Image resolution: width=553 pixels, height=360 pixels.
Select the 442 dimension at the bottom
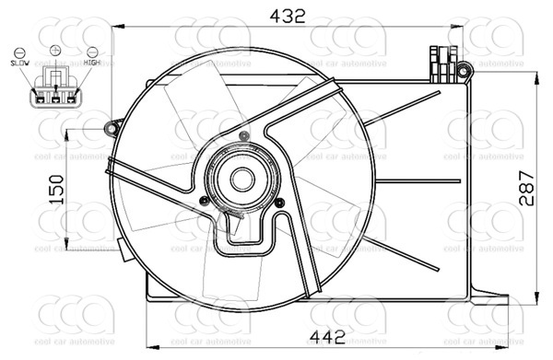[x=295, y=340]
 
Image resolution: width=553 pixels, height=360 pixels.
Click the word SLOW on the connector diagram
[x=19, y=63]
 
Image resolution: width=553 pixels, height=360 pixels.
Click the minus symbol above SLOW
[x=20, y=52]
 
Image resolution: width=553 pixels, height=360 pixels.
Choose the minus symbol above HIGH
[x=92, y=52]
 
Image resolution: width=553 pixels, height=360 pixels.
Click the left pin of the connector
[x=41, y=93]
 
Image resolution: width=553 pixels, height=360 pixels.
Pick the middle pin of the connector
[x=54, y=93]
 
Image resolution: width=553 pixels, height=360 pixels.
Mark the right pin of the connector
[x=69, y=93]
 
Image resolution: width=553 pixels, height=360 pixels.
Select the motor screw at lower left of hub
[x=204, y=200]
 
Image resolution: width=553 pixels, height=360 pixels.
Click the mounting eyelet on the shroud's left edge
[x=114, y=125]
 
